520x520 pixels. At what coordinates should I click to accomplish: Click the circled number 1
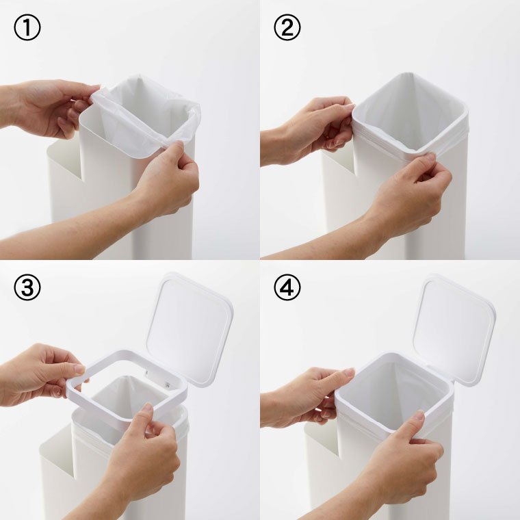click(27, 27)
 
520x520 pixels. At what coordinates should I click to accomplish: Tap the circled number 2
click(287, 27)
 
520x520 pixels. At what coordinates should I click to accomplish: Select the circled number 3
click(27, 287)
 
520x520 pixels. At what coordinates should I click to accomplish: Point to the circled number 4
click(287, 287)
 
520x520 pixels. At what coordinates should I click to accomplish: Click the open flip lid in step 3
click(189, 328)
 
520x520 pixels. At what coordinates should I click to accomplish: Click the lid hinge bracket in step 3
click(157, 379)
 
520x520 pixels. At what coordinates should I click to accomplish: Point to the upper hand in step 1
click(50, 108)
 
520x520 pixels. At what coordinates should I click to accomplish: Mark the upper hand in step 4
click(309, 398)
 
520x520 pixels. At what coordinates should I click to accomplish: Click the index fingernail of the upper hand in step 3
click(80, 369)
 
